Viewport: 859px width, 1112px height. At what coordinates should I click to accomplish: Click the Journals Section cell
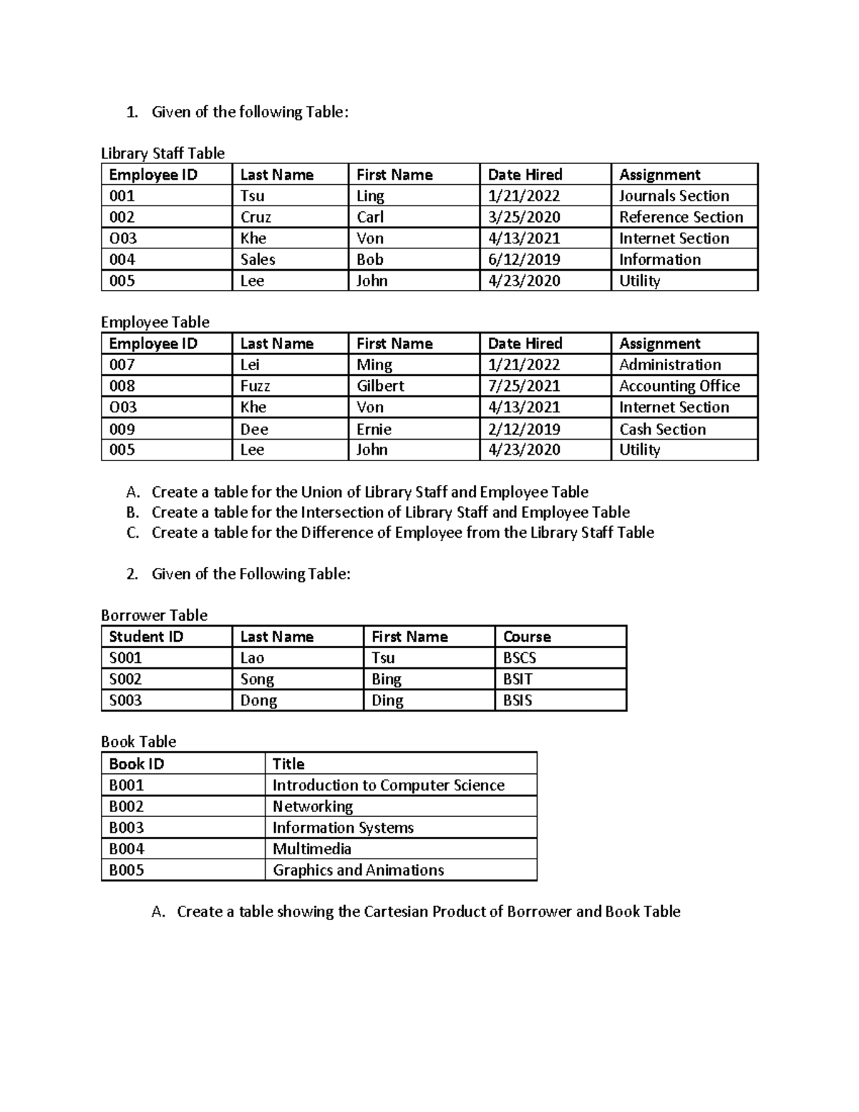pyautogui.click(x=674, y=196)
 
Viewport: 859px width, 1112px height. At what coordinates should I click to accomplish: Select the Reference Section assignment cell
pyautogui.click(x=681, y=217)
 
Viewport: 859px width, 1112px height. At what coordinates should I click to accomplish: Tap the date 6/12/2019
pyautogui.click(x=524, y=259)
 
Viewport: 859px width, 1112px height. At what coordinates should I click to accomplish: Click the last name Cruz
pyautogui.click(x=256, y=217)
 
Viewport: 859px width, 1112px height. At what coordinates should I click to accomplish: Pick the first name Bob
pyautogui.click(x=370, y=259)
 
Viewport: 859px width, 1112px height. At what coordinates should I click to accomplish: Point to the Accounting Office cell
pyautogui.click(x=679, y=386)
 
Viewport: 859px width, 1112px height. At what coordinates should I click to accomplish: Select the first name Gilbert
pyautogui.click(x=380, y=386)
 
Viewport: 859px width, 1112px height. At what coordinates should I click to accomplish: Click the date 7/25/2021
pyautogui.click(x=524, y=386)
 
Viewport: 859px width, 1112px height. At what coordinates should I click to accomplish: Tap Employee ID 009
pyautogui.click(x=122, y=429)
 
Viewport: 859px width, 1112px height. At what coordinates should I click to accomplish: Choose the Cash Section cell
pyautogui.click(x=662, y=429)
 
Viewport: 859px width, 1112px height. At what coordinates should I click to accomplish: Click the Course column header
pyautogui.click(x=527, y=637)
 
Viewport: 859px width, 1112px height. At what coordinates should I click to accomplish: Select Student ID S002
pyautogui.click(x=125, y=679)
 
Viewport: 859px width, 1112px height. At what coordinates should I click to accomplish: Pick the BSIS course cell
pyautogui.click(x=518, y=700)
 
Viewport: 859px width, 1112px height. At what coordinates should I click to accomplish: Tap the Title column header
pyautogui.click(x=288, y=764)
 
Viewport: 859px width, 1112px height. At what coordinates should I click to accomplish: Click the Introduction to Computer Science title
pyautogui.click(x=388, y=785)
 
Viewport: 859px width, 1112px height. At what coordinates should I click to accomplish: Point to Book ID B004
pyautogui.click(x=127, y=849)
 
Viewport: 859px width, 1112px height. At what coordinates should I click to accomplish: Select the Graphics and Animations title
pyautogui.click(x=358, y=870)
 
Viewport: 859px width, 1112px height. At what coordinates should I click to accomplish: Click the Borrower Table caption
pyautogui.click(x=154, y=615)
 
